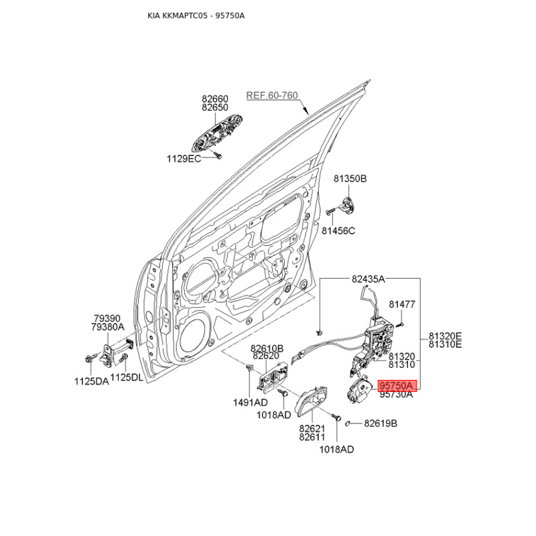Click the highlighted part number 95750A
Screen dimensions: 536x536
[x=397, y=386]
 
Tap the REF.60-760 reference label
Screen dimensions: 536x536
[x=272, y=95]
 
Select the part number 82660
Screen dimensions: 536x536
[x=214, y=98]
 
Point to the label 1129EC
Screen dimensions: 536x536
[x=184, y=159]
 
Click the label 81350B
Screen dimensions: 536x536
[x=350, y=178]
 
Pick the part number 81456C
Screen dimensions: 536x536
[x=338, y=230]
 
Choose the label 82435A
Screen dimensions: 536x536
[x=368, y=279]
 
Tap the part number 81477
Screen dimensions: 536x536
[x=402, y=304]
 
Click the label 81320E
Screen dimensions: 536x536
[x=445, y=336]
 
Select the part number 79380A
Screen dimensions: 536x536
[x=108, y=327]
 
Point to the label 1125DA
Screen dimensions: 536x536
[x=92, y=381]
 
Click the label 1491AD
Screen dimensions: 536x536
[x=250, y=403]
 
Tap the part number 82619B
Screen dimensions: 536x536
[x=381, y=423]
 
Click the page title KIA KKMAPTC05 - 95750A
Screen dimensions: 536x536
[x=196, y=15]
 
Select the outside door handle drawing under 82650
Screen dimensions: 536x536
[x=217, y=133]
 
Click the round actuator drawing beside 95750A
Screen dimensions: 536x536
[x=358, y=390]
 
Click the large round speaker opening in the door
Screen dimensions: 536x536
[x=193, y=338]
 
